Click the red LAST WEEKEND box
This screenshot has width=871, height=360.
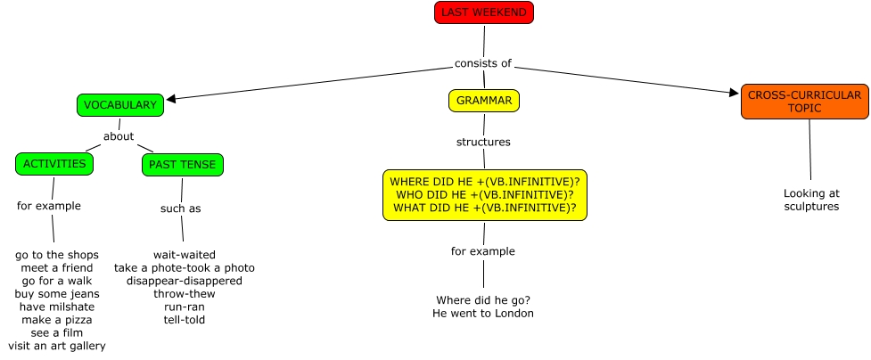point(484,12)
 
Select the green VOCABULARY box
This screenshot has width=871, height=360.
point(120,105)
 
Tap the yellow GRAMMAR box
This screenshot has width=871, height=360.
point(484,101)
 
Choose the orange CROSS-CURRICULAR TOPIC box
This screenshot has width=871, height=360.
point(804,102)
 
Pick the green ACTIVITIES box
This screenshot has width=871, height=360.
point(54,164)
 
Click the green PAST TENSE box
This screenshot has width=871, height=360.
point(183,165)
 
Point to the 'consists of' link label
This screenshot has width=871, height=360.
point(482,63)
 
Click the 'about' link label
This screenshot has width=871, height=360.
point(119,136)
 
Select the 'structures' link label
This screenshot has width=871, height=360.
point(483,142)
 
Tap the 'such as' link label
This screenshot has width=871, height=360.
point(180,209)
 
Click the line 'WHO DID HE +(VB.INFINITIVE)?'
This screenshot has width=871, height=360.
point(484,194)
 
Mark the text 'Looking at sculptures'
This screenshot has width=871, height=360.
point(811,200)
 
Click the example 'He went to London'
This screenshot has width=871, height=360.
point(483,314)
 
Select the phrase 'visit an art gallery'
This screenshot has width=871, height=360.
point(57,346)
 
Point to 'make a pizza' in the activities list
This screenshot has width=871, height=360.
point(57,319)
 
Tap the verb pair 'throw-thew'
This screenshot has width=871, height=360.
point(185,293)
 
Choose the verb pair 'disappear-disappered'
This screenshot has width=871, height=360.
point(185,281)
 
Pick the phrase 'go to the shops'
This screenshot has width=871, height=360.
point(57,255)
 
